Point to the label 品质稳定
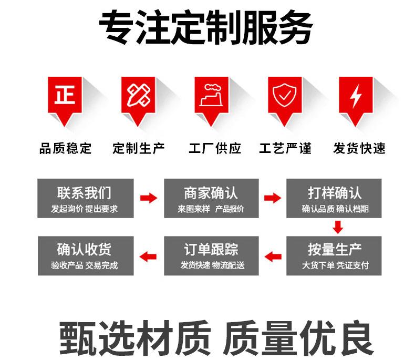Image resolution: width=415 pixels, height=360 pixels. coord(65,149)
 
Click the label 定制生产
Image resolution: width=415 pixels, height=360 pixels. coord(139,149)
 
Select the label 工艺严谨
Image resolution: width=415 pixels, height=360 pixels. coord(285,149)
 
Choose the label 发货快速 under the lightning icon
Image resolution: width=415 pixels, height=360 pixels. coord(359,149)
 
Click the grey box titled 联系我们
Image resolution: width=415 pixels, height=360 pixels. coord(85,198)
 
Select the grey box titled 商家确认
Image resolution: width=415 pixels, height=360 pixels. coord(211,198)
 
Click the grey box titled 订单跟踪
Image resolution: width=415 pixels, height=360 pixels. coord(211,255)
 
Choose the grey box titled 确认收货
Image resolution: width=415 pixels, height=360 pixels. coord(85,255)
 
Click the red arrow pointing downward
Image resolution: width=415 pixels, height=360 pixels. coord(338,227)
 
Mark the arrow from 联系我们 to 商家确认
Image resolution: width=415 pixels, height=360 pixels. coord(149,198)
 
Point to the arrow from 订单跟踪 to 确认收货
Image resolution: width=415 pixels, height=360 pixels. coord(149,256)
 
